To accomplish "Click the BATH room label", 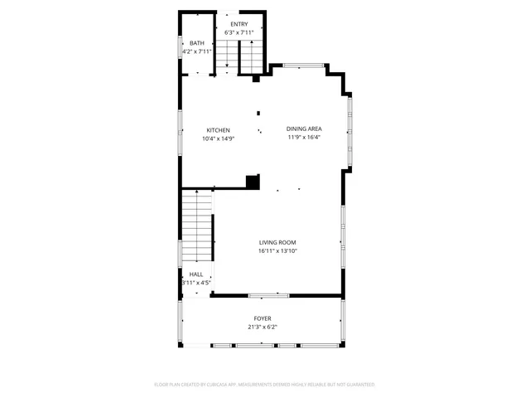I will click(196, 43).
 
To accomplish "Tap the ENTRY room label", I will click(239, 24).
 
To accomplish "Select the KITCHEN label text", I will click(219, 130).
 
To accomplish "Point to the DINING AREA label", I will click(304, 129).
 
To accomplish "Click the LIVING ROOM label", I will click(277, 242).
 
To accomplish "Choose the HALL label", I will click(196, 274).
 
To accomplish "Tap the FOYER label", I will click(262, 318).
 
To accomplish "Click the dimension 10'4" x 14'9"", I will click(219, 138).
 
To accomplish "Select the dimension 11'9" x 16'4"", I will click(304, 137).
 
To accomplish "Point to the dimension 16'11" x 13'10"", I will click(277, 250).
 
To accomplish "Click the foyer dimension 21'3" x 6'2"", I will click(262, 327).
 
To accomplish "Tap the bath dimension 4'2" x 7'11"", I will click(197, 51).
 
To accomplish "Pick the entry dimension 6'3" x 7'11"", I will click(239, 32).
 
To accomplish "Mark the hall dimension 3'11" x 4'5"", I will click(196, 283).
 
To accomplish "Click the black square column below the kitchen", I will click(253, 181).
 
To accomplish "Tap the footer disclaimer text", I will click(265, 385).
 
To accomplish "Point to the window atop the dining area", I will click(303, 66).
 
